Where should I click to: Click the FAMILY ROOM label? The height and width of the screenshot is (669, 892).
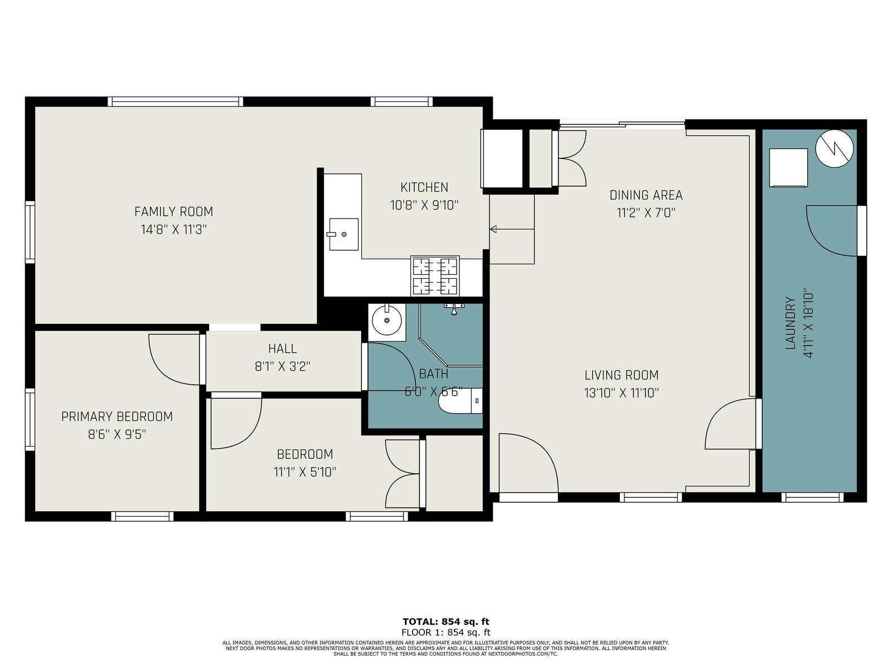173,212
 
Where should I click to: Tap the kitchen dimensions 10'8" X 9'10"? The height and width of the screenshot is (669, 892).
424,205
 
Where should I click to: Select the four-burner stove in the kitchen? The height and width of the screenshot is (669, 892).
435,275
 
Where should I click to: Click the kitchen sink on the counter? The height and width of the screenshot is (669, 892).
343,234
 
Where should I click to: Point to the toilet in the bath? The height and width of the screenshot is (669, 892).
460,401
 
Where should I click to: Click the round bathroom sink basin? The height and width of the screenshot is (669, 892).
387,321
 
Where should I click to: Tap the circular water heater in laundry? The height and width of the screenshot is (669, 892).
834,148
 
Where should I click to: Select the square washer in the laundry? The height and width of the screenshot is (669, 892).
788,167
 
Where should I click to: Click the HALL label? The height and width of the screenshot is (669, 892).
283,348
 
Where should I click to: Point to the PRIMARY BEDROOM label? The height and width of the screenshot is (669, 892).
117,416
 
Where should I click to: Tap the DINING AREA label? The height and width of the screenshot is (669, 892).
646,195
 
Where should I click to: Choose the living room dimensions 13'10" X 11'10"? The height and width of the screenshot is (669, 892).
622,393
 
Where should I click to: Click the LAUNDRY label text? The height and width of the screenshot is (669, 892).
790,323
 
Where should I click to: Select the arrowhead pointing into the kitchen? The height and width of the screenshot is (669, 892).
493,230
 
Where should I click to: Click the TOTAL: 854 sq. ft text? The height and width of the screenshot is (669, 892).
446,622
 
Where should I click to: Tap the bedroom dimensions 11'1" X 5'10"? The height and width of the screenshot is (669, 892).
305,472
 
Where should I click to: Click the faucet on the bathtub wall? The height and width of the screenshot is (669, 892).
454,308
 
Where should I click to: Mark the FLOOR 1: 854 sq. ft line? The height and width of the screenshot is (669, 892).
446,632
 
